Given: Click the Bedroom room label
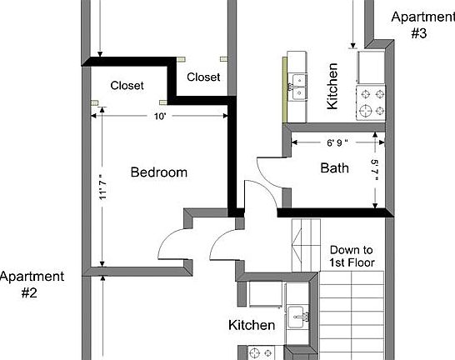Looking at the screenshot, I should [158, 172].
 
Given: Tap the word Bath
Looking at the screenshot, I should [334, 168].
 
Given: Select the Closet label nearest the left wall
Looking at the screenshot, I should [127, 86].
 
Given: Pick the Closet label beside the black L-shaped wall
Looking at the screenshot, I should [203, 77].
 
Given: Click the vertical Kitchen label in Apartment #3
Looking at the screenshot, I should [332, 87].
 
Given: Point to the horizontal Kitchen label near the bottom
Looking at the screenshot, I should [252, 325].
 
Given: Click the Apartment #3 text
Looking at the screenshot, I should [421, 25].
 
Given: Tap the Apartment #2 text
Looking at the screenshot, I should [31, 284].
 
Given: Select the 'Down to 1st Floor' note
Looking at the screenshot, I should [352, 256].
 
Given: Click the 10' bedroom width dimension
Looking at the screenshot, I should [160, 116].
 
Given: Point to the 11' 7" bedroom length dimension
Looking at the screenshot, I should [103, 185].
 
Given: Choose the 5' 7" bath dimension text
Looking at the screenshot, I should [376, 169].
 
